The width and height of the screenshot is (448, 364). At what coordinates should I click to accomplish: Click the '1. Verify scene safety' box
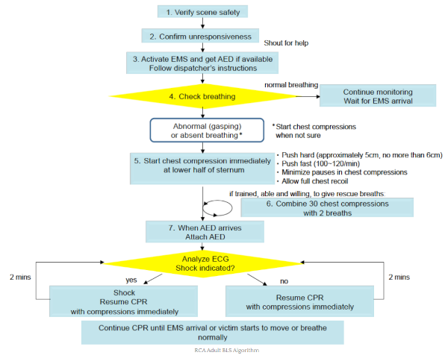point(203,12)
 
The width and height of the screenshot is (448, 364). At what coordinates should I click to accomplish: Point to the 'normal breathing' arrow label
point(291,85)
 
